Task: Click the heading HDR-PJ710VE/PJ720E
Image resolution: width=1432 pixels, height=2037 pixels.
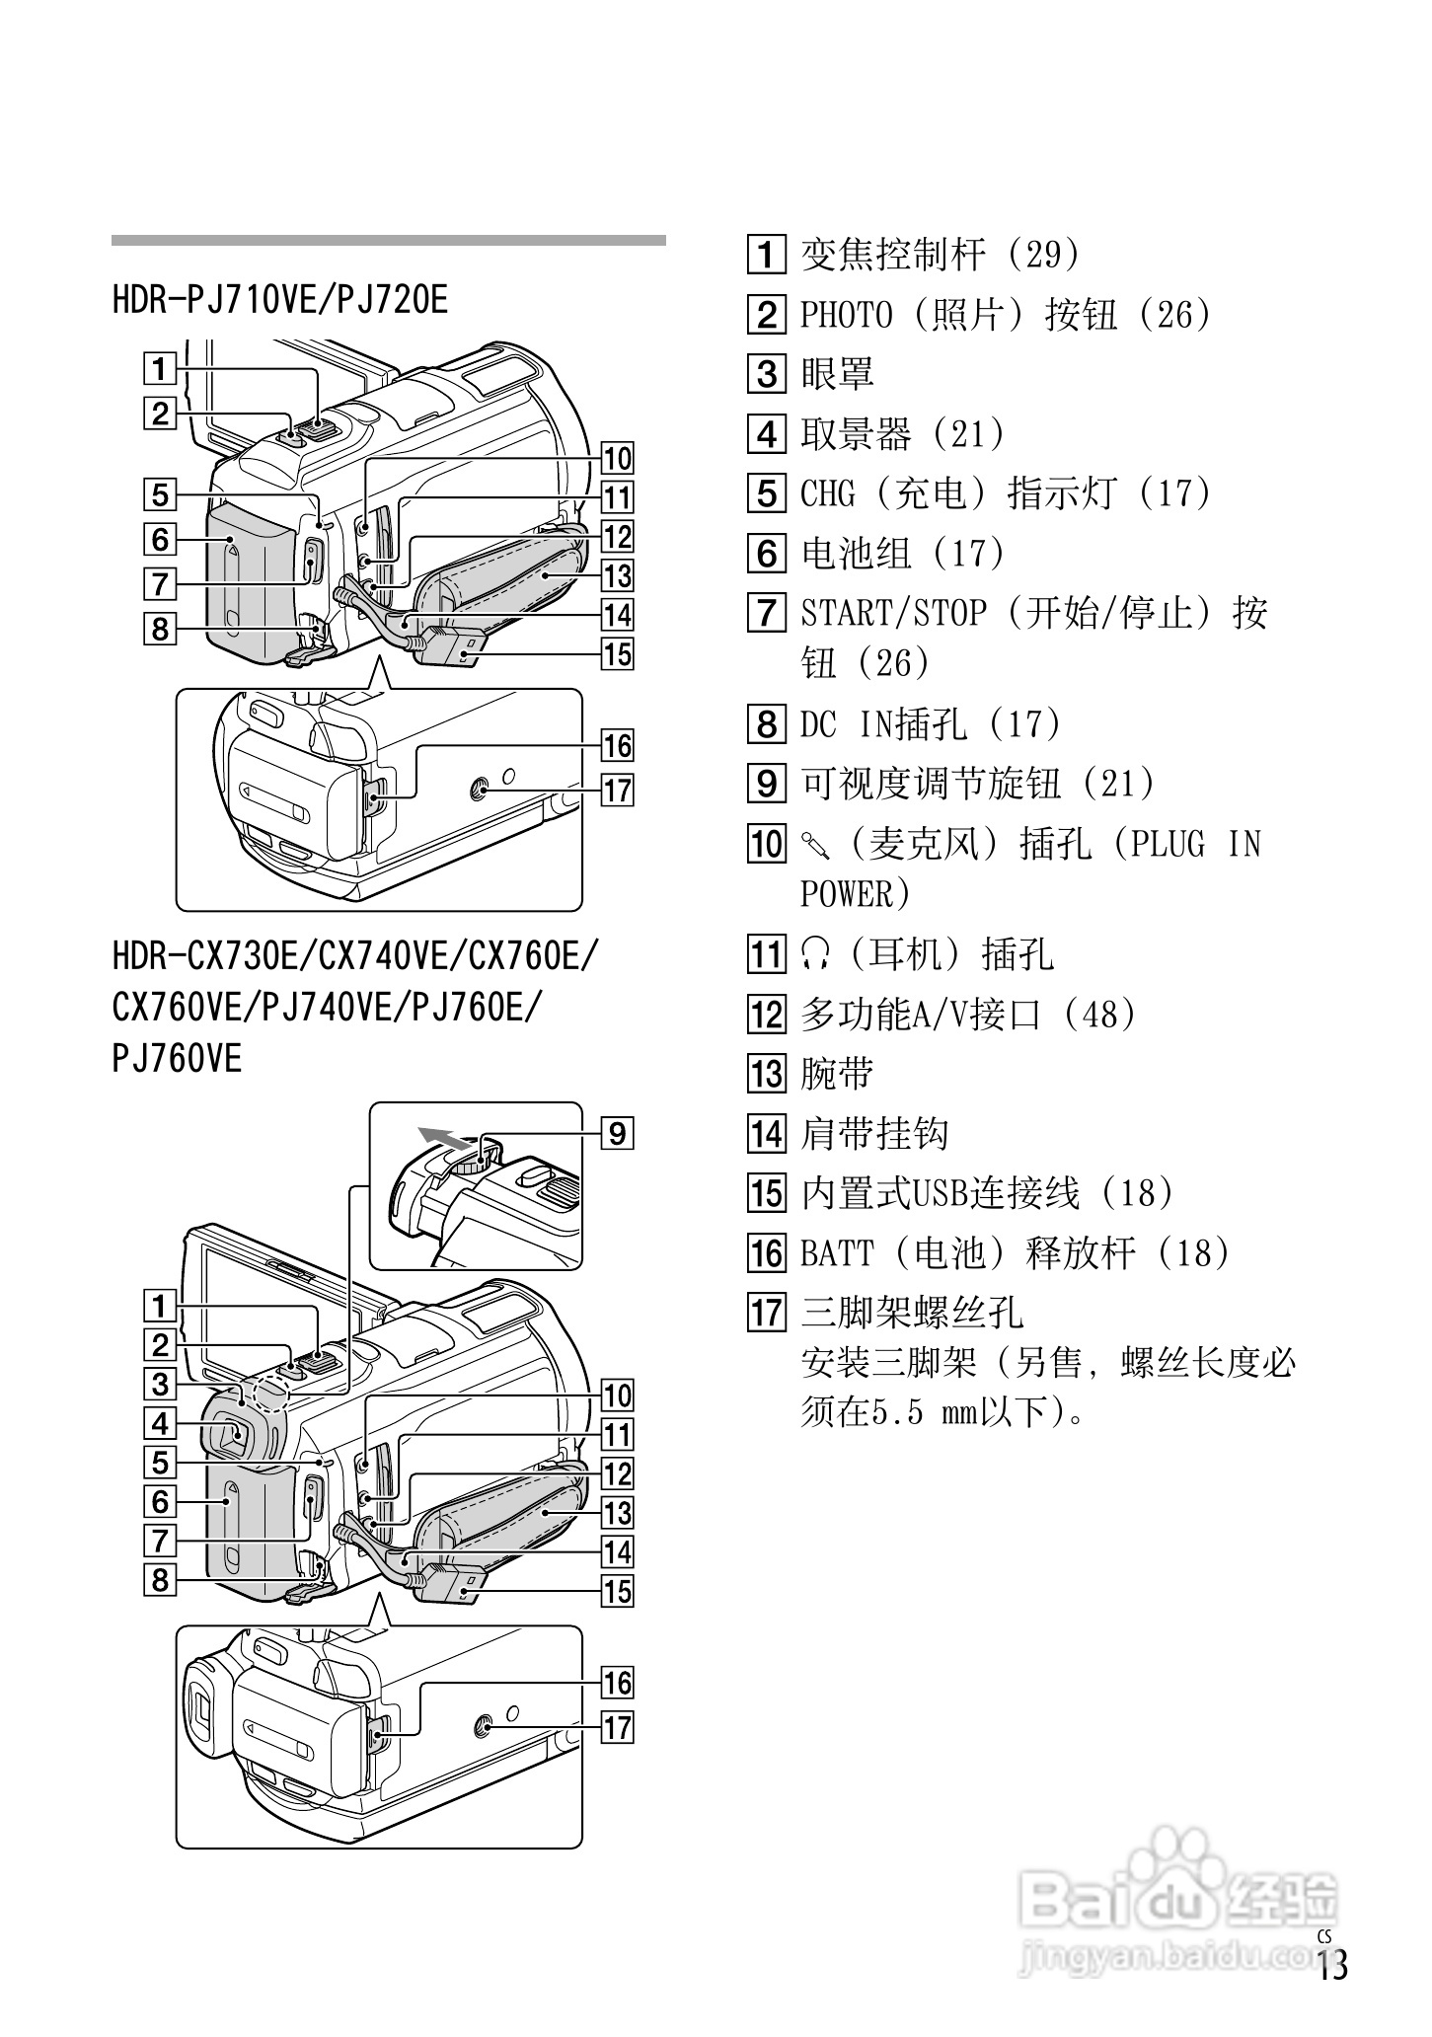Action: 280,299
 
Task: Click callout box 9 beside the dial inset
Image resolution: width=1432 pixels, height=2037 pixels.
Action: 617,1133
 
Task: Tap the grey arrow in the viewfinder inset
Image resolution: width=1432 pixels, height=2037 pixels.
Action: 442,1139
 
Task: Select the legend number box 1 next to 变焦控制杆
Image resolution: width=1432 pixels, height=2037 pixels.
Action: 767,255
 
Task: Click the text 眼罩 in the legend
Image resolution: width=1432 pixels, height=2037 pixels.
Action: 837,374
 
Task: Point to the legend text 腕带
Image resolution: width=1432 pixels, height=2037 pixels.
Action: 837,1074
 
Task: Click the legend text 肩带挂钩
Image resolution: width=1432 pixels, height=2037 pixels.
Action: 874,1133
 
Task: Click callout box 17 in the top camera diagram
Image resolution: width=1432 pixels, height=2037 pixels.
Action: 618,791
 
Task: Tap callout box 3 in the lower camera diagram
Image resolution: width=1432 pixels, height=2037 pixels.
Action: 160,1384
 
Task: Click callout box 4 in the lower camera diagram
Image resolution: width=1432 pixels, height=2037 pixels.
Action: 160,1423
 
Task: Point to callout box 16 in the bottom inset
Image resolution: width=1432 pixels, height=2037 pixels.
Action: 618,1683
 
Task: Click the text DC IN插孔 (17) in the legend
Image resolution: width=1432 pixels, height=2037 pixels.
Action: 930,724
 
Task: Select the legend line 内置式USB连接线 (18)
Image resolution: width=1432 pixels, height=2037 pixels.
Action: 987,1193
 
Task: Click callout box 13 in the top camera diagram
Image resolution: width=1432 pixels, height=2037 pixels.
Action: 618,575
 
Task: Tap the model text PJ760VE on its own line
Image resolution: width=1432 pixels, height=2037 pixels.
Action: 177,1059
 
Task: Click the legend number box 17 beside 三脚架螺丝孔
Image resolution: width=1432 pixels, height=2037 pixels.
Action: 767,1313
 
